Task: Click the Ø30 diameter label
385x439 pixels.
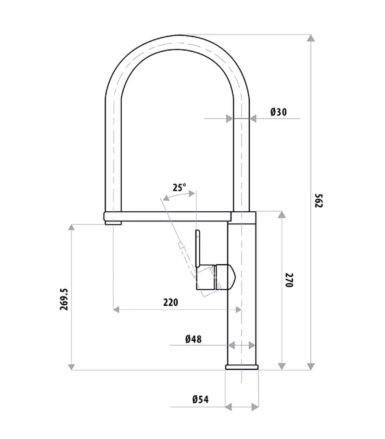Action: point(278,112)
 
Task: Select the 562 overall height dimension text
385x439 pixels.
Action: point(318,200)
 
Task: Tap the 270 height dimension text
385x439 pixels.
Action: point(289,280)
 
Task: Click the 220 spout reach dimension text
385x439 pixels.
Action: point(170,302)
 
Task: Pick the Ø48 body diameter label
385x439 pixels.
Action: point(193,339)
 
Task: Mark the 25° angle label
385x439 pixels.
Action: point(179,188)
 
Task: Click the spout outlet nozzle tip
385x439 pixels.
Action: point(114,222)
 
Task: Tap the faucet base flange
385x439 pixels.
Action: point(242,367)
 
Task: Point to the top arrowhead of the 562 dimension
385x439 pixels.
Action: point(311,39)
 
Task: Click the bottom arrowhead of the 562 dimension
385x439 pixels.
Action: point(311,366)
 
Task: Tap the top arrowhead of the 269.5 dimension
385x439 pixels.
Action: point(72,228)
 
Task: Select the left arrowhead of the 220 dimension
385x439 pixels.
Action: point(116,310)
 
